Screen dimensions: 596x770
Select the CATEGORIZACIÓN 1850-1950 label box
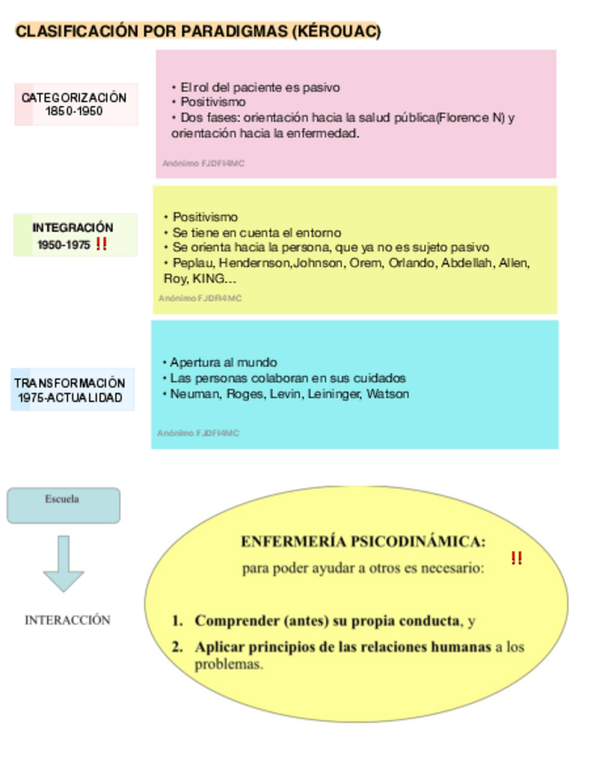tap(75, 104)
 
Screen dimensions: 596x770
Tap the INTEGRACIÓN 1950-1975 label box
tap(74, 235)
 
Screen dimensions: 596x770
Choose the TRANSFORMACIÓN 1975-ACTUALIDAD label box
tap(71, 390)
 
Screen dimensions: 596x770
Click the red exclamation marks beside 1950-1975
tap(101, 244)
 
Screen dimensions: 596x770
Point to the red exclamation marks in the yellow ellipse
tap(516, 558)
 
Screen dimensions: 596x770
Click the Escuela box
tap(64, 505)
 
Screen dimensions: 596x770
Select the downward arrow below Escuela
tap(63, 563)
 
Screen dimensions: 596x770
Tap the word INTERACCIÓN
tap(67, 620)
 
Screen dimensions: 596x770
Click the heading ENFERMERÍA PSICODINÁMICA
tap(363, 542)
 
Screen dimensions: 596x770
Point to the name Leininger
tap(334, 394)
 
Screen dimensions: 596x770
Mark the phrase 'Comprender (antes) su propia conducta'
tap(327, 621)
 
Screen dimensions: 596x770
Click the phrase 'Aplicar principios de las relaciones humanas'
tap(343, 647)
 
